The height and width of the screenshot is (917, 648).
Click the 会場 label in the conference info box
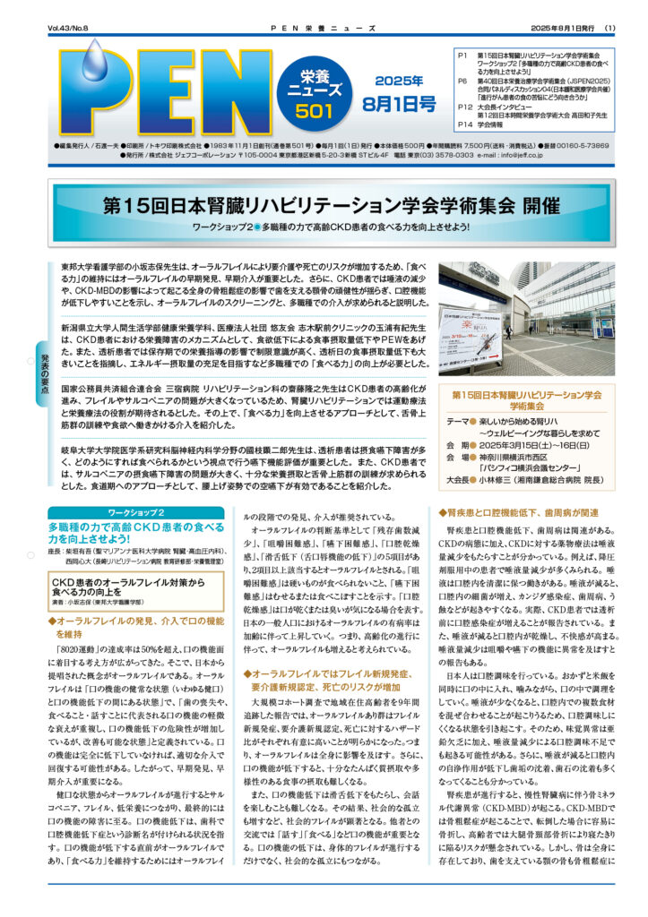(x=457, y=455)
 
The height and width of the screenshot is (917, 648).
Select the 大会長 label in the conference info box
(x=461, y=478)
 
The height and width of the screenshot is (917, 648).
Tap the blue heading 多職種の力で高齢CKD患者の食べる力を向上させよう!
(x=134, y=533)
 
